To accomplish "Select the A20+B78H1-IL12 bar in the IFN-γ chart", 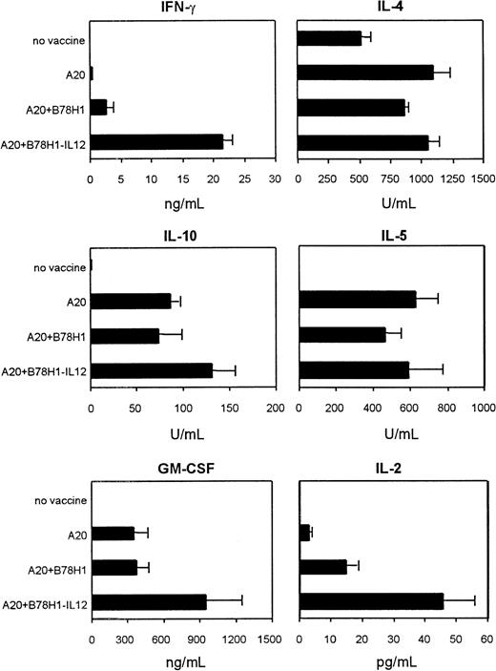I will coord(156,141).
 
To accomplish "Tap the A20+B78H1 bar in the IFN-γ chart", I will coord(98,107).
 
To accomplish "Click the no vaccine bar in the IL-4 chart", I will coord(330,38).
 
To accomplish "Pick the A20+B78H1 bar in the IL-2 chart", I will coord(323,567).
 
